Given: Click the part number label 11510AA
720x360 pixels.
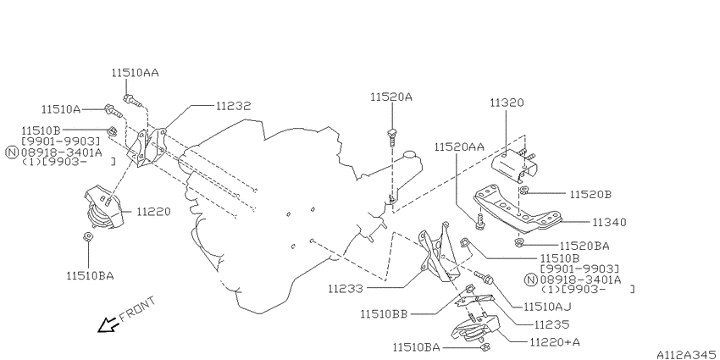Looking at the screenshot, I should tap(134, 74).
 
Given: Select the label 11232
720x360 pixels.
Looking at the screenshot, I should tap(233, 106).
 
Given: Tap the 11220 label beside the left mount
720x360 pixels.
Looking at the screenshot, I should tap(153, 211).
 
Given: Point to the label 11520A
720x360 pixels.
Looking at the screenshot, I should tap(390, 97).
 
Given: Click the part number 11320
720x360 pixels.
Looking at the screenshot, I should tap(507, 102).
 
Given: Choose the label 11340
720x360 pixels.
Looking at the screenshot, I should tap(609, 222).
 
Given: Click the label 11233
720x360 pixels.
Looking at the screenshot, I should tap(346, 289).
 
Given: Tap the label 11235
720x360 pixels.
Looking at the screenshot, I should tap(551, 324).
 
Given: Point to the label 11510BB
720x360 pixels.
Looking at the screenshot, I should tap(384, 313).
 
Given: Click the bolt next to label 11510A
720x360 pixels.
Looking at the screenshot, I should tap(110, 108).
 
